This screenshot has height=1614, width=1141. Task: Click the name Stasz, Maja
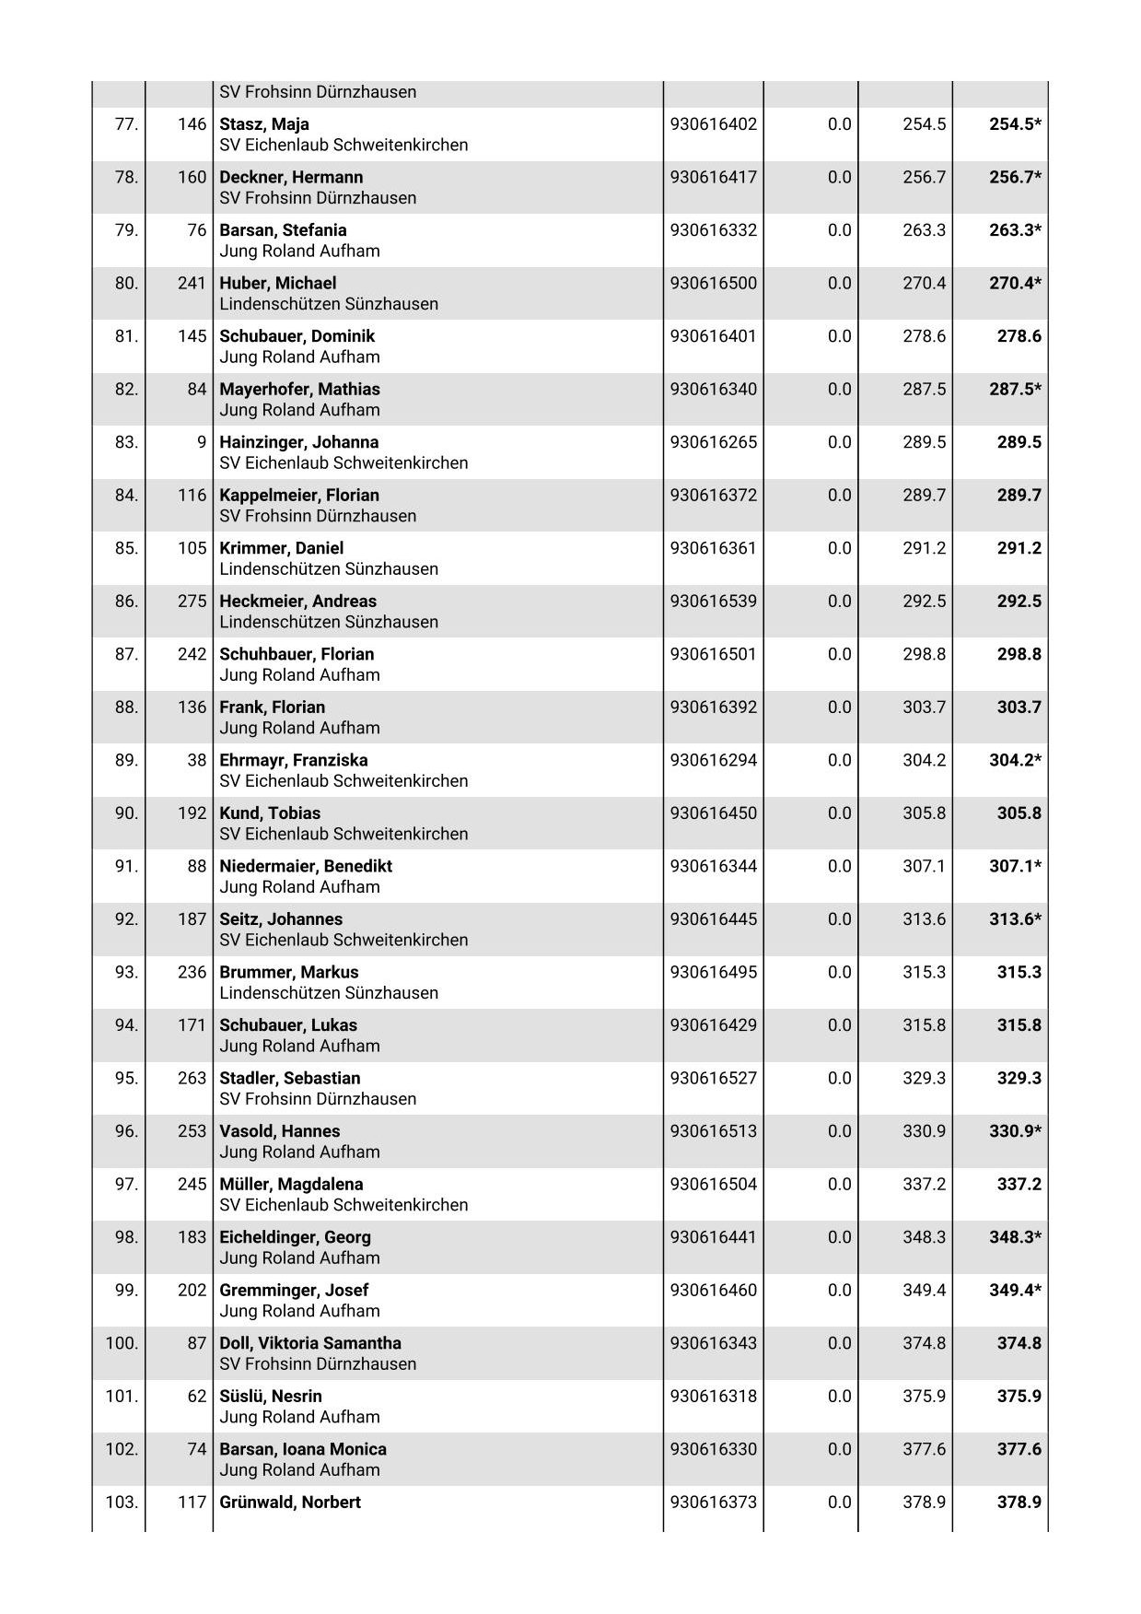point(264,124)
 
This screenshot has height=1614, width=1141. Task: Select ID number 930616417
point(714,178)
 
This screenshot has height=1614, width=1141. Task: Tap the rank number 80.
point(126,284)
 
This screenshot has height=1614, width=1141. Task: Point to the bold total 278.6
point(1019,336)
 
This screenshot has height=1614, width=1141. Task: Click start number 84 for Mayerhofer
point(197,390)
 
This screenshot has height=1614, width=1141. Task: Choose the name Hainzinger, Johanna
point(299,442)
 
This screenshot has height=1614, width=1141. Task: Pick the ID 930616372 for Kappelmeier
point(714,496)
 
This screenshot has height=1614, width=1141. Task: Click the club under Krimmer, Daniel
point(329,569)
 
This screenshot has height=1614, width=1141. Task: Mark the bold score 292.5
point(1019,602)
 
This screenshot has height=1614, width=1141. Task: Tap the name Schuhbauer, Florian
point(297,654)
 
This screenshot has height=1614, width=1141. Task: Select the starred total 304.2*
point(1015,760)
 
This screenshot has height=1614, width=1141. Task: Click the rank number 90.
point(126,813)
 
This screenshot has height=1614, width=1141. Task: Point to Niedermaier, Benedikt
point(306,866)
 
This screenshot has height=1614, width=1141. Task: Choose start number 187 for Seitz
point(192,919)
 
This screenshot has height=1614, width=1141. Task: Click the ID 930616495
point(714,972)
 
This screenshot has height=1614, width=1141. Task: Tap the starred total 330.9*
point(1015,1131)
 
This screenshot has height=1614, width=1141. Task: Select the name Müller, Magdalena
point(291,1184)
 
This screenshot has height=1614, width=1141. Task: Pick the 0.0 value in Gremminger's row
point(839,1290)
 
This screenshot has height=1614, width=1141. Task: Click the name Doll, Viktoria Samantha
point(310,1343)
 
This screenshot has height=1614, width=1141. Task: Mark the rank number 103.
point(122,1502)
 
